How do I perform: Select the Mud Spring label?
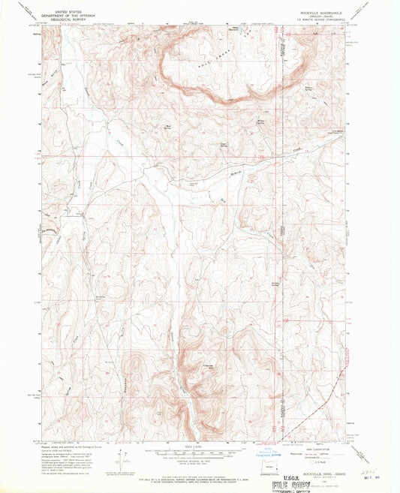(x=167, y=125)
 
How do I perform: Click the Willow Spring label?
(x=261, y=120)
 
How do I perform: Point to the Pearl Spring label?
(x=224, y=146)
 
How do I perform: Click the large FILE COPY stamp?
(x=288, y=485)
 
